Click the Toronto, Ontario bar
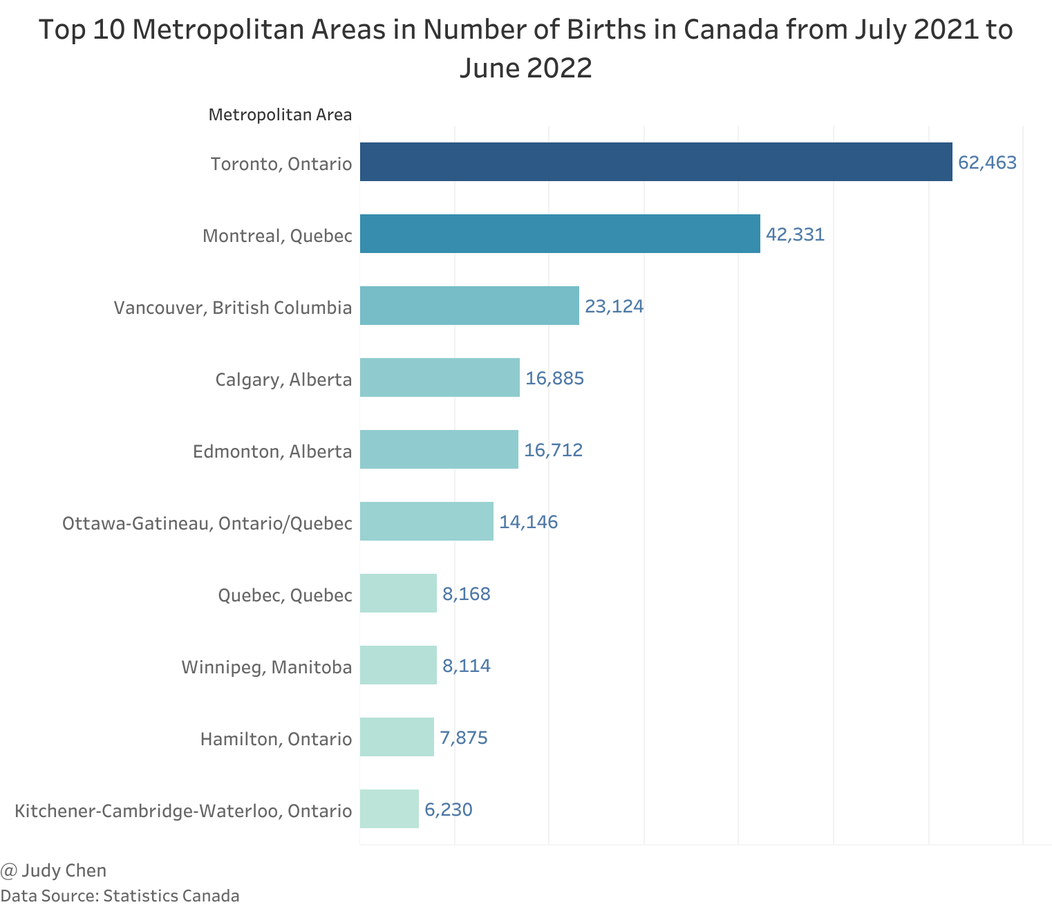pyautogui.click(x=655, y=162)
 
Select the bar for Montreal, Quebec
pyautogui.click(x=560, y=234)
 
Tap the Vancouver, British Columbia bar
pyautogui.click(x=469, y=306)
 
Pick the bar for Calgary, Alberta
pyautogui.click(x=440, y=377)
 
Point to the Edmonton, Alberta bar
pyautogui.click(x=439, y=449)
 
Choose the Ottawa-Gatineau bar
pyautogui.click(x=426, y=521)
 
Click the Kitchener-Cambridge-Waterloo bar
pyautogui.click(x=389, y=809)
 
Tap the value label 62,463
pyautogui.click(x=987, y=163)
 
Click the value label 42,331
pyautogui.click(x=795, y=235)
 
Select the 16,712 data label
pyautogui.click(x=553, y=451)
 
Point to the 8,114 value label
pyautogui.click(x=467, y=666)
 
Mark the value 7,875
pyautogui.click(x=464, y=738)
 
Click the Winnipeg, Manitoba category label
pyautogui.click(x=267, y=667)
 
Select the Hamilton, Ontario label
pyautogui.click(x=276, y=739)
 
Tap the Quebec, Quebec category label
pyautogui.click(x=285, y=595)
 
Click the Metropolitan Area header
pyautogui.click(x=280, y=115)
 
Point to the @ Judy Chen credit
pyautogui.click(x=54, y=870)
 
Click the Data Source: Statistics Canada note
pyautogui.click(x=120, y=896)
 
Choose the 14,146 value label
pyautogui.click(x=528, y=523)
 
